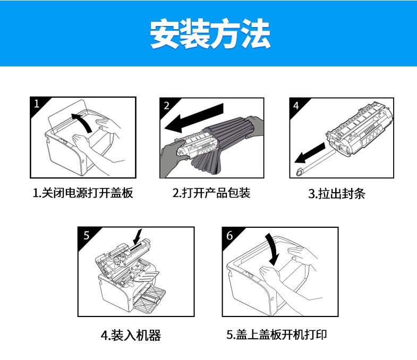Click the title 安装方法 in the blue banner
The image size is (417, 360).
(x=210, y=34)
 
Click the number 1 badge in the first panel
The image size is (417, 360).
(x=37, y=104)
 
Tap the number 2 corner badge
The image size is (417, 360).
(x=166, y=106)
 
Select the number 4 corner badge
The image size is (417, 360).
(x=296, y=106)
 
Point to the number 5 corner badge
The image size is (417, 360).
(x=87, y=235)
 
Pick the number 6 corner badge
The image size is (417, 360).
(x=229, y=235)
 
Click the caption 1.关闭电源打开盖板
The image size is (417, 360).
(x=83, y=193)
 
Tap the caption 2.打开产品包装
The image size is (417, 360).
(x=211, y=193)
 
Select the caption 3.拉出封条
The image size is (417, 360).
(x=337, y=194)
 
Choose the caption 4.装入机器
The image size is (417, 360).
(x=131, y=335)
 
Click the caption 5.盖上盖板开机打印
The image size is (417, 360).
(x=277, y=335)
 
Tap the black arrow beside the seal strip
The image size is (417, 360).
(x=310, y=153)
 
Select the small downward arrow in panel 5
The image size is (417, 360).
(x=138, y=236)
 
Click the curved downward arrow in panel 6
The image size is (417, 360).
(x=273, y=250)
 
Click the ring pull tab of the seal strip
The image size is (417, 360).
(x=300, y=172)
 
